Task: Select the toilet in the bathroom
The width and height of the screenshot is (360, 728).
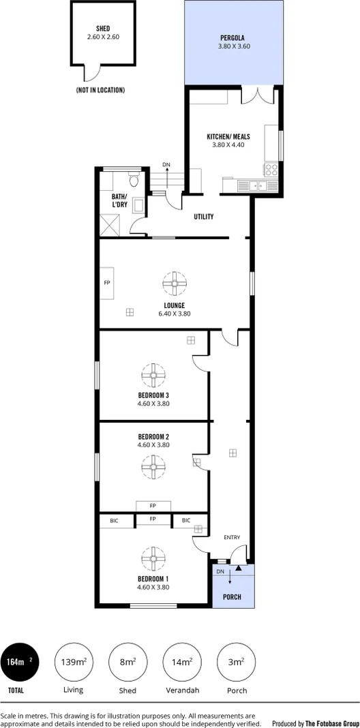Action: pyautogui.click(x=134, y=181)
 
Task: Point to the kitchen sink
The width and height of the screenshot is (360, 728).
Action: pyautogui.click(x=257, y=185)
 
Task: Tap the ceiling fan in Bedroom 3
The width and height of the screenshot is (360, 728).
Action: pyautogui.click(x=153, y=374)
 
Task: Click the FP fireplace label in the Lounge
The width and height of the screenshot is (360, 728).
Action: pyautogui.click(x=107, y=282)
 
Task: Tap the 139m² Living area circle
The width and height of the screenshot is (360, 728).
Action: pyautogui.click(x=74, y=662)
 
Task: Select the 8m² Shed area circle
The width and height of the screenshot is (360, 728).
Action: pyautogui.click(x=127, y=662)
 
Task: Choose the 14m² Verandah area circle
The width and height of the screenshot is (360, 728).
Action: pyautogui.click(x=182, y=662)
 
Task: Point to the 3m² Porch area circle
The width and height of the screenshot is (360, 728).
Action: pyautogui.click(x=236, y=662)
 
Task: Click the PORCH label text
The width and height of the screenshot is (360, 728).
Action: pyautogui.click(x=232, y=596)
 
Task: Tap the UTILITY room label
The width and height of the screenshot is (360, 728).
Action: pyautogui.click(x=204, y=217)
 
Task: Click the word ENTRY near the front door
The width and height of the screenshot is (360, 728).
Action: pyautogui.click(x=232, y=538)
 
